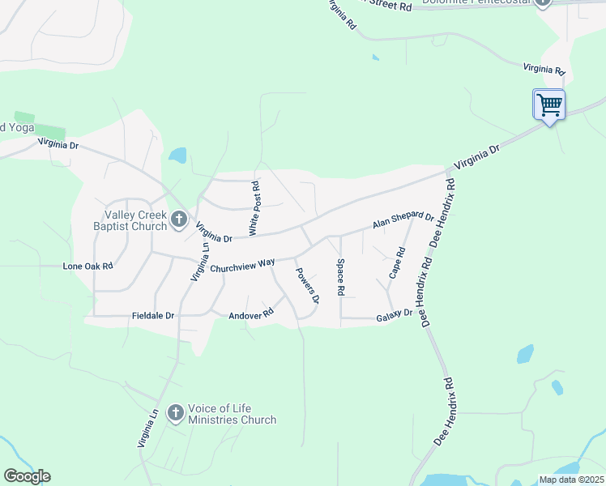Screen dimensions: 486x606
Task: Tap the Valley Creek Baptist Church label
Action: point(135,220)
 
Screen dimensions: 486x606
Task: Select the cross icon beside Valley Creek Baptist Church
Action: point(179,219)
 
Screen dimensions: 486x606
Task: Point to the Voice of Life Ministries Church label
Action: point(232,414)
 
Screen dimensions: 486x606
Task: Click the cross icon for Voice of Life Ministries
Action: point(174,413)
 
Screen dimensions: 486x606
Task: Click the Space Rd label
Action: point(341,277)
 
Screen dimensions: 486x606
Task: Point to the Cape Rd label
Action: point(396,263)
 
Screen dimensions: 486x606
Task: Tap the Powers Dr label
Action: point(307,286)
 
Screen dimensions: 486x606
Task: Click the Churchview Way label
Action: point(242,266)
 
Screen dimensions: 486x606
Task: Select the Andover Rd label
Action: point(252,314)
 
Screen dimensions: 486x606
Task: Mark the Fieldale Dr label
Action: point(153,315)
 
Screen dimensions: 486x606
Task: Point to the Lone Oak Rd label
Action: point(87,266)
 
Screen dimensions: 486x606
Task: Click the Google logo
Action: point(27,476)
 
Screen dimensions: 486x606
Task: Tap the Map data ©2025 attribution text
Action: point(571,480)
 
